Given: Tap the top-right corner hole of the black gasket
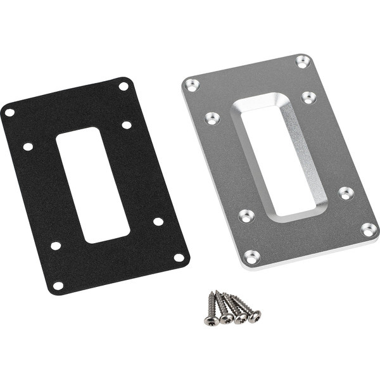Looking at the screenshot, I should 123,86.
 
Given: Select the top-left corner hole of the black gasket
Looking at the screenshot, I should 9,113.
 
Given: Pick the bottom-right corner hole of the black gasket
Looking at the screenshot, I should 179,258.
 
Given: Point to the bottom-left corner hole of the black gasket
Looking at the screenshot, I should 58,286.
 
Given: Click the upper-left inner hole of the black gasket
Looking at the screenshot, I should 28,146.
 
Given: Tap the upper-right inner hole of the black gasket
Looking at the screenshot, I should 127,125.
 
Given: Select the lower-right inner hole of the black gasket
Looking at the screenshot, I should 158,221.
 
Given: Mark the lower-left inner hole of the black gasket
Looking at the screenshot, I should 56,245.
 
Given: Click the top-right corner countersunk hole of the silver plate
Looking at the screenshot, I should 303,61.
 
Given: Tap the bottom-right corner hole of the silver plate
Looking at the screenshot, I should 369,229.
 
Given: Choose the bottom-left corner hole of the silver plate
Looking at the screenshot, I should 252,256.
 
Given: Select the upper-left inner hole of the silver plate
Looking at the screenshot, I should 213,118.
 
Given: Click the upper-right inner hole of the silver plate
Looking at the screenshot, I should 308,98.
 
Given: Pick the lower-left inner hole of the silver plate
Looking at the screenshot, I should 246,216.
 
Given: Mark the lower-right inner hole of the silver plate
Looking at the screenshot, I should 346,193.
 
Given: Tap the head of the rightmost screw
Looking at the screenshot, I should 254,315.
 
